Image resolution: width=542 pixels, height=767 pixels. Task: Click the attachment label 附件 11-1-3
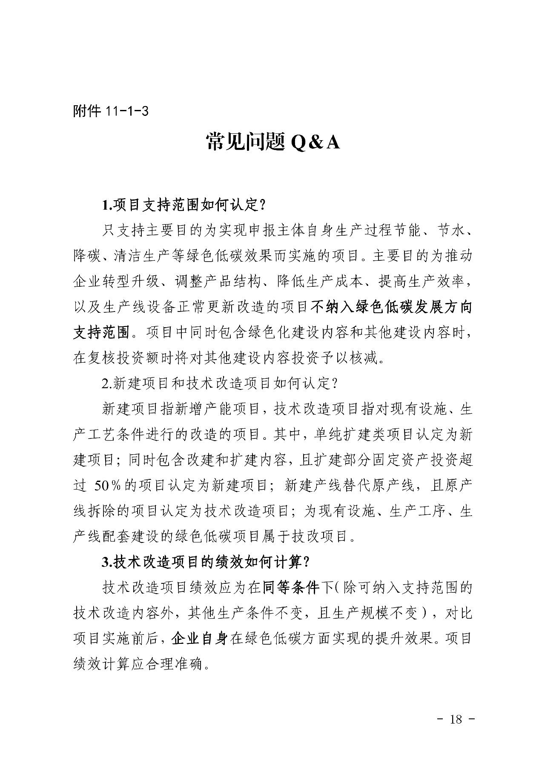click(110, 112)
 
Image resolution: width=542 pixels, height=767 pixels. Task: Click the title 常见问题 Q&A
click(272, 143)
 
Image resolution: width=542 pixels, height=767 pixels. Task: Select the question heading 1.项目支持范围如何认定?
click(184, 205)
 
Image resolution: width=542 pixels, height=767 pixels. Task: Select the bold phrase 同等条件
click(291, 588)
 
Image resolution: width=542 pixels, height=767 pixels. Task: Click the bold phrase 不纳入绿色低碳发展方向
click(392, 307)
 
